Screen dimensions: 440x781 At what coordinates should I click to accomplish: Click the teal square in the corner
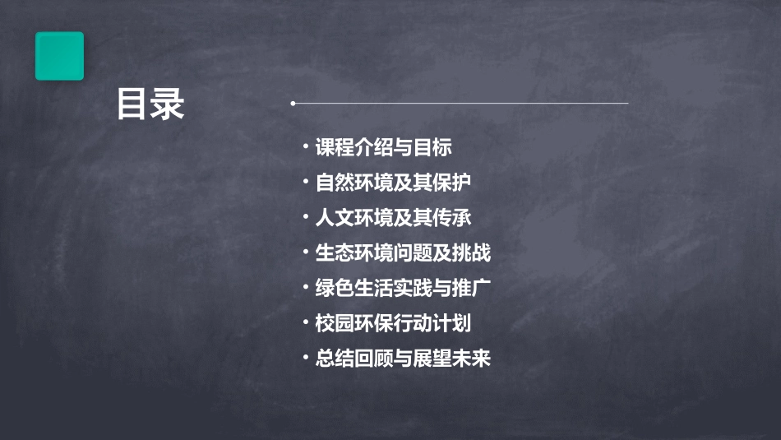pyautogui.click(x=59, y=56)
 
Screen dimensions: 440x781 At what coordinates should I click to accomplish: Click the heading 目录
pyautogui.click(x=150, y=105)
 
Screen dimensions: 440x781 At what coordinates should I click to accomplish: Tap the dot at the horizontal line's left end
pyautogui.click(x=293, y=104)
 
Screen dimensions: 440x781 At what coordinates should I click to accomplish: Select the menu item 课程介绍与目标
pyautogui.click(x=384, y=148)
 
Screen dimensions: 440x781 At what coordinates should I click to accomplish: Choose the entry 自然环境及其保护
pyautogui.click(x=393, y=183)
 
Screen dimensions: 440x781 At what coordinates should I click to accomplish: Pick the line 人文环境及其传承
pyautogui.click(x=393, y=218)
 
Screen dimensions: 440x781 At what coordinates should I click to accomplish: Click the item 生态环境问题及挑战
pyautogui.click(x=403, y=253)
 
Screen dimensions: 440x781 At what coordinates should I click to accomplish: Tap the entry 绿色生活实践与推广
pyautogui.click(x=403, y=288)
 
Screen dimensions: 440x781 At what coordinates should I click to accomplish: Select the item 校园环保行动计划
pyautogui.click(x=393, y=323)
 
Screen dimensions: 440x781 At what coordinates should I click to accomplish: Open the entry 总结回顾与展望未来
pyautogui.click(x=403, y=359)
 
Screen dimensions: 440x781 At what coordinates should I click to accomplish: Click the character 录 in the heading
pyautogui.click(x=168, y=105)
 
